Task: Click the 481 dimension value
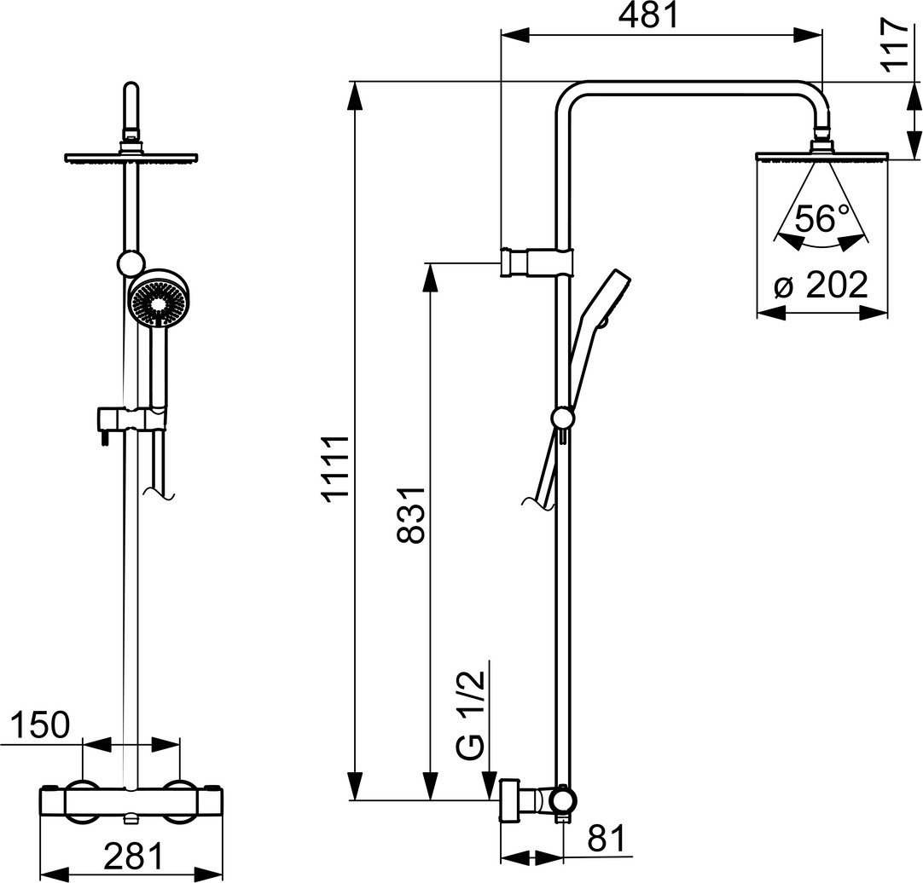click(648, 16)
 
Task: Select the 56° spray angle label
click(822, 218)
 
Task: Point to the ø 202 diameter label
click(821, 286)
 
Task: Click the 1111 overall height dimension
click(339, 468)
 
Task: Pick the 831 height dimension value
click(411, 515)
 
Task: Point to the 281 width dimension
click(133, 857)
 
